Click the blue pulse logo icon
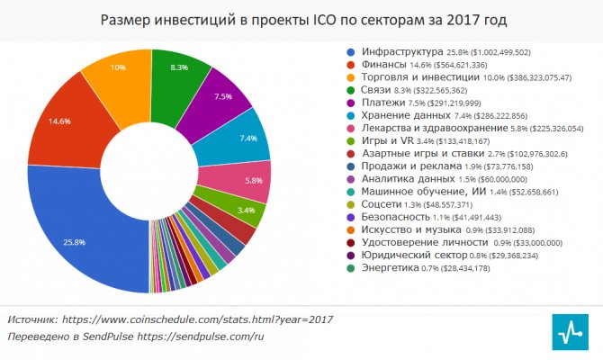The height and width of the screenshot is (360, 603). click(x=571, y=329)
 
